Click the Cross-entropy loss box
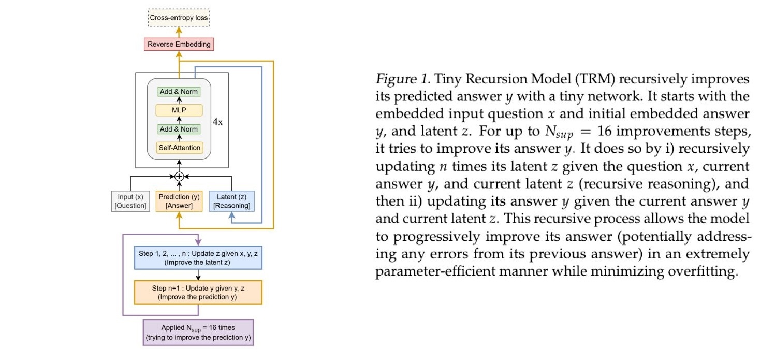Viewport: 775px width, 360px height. tap(179, 18)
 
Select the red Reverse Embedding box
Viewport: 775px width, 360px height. tap(179, 44)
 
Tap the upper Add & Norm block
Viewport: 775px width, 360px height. tap(179, 92)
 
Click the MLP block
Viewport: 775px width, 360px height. tap(179, 110)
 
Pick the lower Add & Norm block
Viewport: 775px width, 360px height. tap(179, 129)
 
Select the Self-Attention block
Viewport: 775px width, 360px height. tap(179, 148)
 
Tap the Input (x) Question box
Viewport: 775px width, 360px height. tap(130, 201)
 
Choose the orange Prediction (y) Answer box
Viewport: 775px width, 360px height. tap(179, 201)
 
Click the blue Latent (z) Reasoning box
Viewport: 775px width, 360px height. tap(231, 201)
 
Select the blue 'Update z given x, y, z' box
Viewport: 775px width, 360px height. tap(198, 257)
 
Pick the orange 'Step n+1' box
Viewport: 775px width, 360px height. tap(198, 292)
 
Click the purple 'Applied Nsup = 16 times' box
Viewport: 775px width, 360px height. tap(198, 332)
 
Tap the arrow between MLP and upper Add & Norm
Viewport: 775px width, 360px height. tap(179, 101)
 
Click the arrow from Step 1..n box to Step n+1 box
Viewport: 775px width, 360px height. tap(198, 275)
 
